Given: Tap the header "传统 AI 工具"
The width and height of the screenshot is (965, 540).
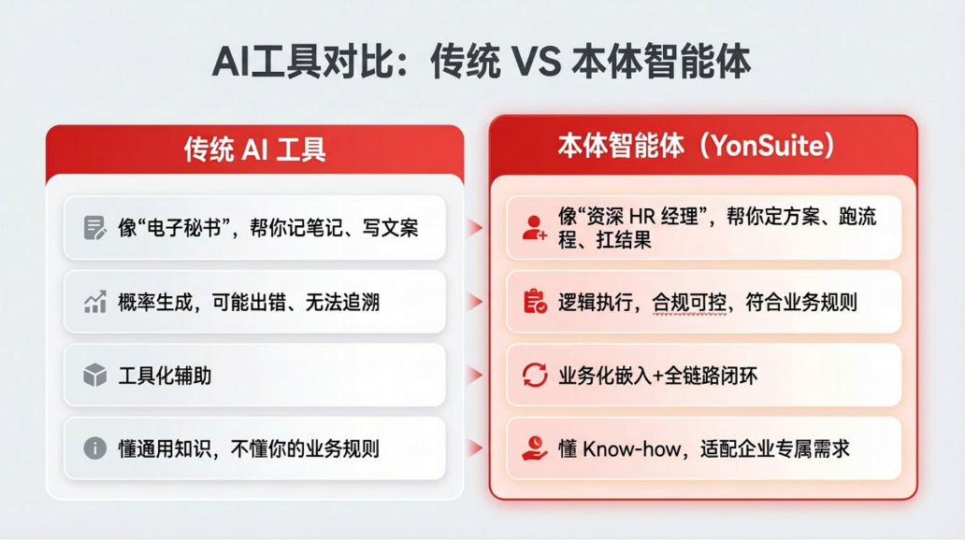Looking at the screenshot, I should [254, 149].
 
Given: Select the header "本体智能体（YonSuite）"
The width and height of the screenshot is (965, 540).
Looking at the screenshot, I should [696, 146].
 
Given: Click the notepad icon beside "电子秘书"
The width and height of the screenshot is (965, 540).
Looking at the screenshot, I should [94, 228].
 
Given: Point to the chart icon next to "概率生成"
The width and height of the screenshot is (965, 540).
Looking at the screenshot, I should [94, 302].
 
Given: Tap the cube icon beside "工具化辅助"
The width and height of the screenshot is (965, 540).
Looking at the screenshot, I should [94, 376].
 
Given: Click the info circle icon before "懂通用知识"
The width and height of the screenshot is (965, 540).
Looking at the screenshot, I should [94, 448].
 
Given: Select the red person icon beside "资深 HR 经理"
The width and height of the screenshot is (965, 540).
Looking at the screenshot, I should [534, 228].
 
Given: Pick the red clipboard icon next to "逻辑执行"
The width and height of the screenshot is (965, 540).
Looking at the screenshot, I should [534, 302].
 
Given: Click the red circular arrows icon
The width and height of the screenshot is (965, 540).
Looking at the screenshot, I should [534, 376].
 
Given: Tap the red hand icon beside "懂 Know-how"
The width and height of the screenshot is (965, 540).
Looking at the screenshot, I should [534, 448].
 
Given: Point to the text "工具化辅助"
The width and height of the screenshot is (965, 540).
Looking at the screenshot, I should [165, 376].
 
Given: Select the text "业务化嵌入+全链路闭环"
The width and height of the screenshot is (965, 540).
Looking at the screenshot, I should [657, 376].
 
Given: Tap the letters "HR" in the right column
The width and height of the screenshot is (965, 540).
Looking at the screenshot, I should [643, 217].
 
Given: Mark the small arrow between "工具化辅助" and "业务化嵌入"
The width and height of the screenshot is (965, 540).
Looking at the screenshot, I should [476, 376].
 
